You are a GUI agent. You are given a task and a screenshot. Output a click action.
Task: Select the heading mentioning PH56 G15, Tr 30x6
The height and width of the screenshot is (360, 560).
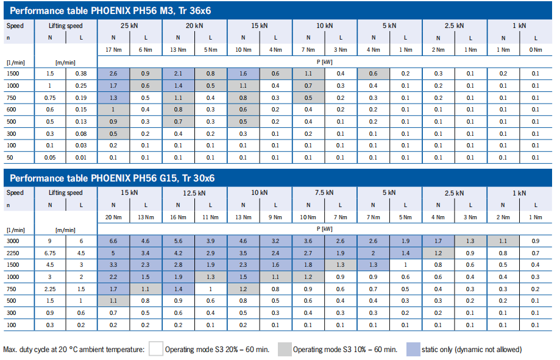click(x=113, y=178)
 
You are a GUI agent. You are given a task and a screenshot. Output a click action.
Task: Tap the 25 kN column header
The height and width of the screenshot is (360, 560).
click(x=129, y=26)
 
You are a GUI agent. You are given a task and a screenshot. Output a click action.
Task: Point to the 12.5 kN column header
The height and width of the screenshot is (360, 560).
click(x=194, y=193)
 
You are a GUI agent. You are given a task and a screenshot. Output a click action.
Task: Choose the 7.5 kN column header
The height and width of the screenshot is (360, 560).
click(x=325, y=193)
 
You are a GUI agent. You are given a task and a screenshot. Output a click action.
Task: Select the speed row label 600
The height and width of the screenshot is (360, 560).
click(x=12, y=110)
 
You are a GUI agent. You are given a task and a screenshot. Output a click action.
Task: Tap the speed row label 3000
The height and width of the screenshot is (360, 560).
click(x=13, y=241)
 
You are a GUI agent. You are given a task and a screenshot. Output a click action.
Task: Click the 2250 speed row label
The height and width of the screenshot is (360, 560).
click(x=13, y=253)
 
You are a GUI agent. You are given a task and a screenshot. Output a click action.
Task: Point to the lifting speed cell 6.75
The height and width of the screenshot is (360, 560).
click(x=51, y=253)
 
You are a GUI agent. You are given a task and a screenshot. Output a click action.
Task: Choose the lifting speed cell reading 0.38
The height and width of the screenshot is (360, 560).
click(x=81, y=73)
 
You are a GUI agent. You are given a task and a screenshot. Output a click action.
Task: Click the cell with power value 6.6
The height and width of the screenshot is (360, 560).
click(x=113, y=241)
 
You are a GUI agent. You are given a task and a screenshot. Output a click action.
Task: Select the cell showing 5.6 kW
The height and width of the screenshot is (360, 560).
click(x=178, y=241)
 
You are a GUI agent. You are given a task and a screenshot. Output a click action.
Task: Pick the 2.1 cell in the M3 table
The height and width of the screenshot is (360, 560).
click(x=178, y=73)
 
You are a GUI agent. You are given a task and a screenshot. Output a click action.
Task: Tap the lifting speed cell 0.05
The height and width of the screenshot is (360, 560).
click(x=51, y=158)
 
